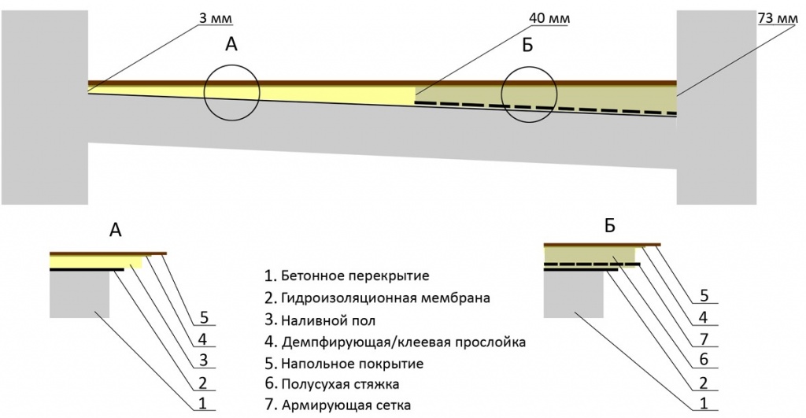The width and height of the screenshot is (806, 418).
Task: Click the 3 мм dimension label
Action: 201,16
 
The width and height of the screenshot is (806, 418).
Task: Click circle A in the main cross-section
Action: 231,92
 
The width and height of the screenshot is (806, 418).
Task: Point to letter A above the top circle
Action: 231,45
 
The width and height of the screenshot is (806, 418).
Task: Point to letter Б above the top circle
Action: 527,45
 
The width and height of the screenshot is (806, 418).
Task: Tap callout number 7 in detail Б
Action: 703,340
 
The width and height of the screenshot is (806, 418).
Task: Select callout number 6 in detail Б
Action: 703,361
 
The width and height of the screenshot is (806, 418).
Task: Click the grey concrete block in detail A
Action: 79,295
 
